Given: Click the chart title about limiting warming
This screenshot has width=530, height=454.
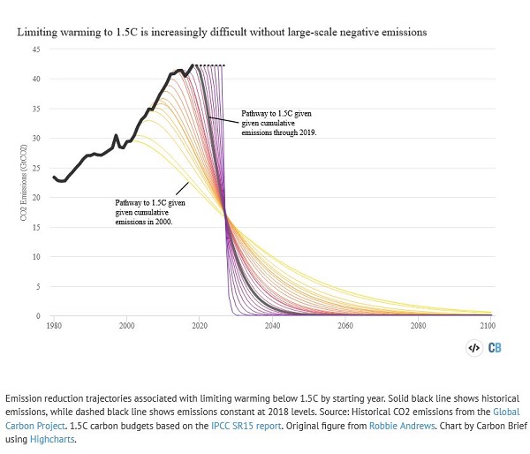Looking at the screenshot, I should pos(222,32).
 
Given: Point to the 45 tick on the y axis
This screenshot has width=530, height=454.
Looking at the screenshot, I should pos(36,49).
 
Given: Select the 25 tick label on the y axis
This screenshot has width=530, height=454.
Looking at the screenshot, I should pos(36,168).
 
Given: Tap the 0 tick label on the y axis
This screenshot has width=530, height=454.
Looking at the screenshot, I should pos(38,316).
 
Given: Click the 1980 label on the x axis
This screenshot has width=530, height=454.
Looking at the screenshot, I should pos(54,327).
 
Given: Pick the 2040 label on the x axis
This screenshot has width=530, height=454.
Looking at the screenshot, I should pos(272,327).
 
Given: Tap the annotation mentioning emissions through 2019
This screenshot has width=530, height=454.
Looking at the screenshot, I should pos(278,123).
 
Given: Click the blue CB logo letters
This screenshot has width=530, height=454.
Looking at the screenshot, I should pos(495,348).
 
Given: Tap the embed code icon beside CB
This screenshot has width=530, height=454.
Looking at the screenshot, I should pos(473,348).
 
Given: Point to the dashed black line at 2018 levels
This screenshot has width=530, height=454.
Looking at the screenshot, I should pos(210,65).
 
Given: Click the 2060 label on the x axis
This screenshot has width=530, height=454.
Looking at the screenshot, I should pos(344,327).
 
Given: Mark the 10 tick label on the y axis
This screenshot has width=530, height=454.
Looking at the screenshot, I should pos(36,257).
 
